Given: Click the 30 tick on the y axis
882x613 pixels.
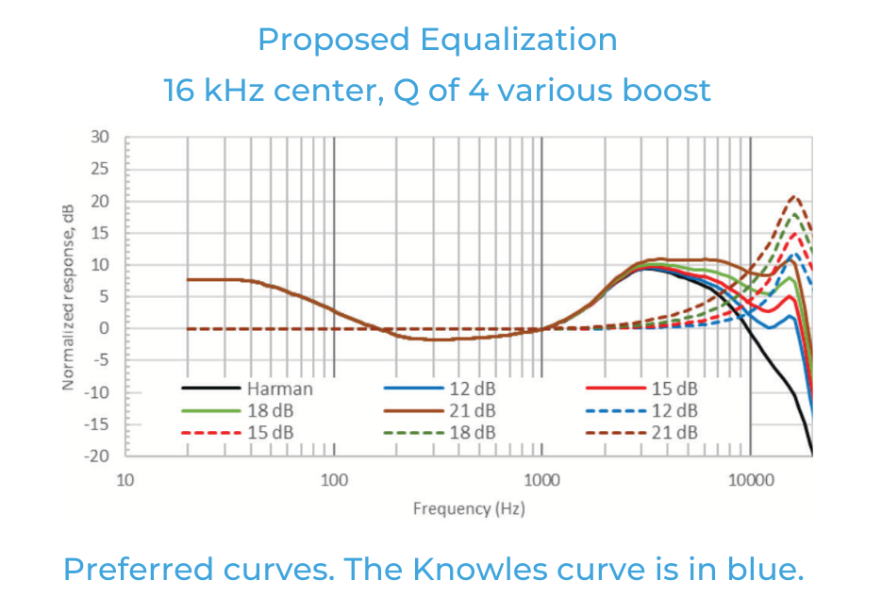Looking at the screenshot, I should point(101,137).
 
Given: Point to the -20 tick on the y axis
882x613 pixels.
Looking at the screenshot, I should point(98,456).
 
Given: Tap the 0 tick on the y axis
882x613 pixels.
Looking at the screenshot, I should point(105,328).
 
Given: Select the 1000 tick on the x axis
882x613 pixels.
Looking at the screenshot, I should point(541,480).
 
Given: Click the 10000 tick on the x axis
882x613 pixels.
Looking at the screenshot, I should point(750,480).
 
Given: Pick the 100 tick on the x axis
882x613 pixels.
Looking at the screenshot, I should point(334,480).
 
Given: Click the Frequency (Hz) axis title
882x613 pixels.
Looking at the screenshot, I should point(469,509).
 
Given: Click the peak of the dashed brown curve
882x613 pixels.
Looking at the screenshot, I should point(795,196).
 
